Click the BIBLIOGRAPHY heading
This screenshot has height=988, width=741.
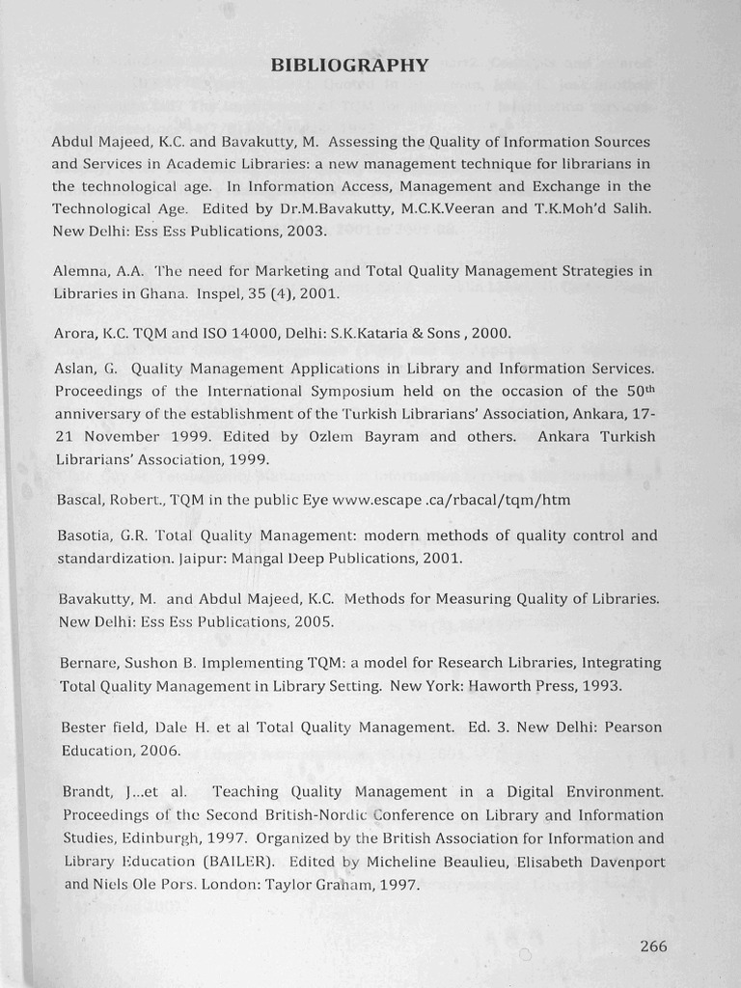click(349, 66)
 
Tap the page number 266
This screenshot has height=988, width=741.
click(653, 946)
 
